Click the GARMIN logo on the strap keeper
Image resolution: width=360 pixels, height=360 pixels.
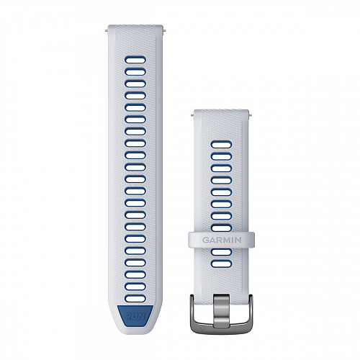(222, 240)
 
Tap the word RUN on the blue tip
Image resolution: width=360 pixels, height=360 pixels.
(135, 316)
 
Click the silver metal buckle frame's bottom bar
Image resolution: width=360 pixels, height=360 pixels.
(221, 330)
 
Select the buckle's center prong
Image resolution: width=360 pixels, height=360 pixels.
(222, 311)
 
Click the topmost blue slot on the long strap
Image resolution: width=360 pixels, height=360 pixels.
(135, 60)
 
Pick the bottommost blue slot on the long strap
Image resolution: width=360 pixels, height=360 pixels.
(135, 299)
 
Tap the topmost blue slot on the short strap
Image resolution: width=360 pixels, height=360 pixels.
(222, 145)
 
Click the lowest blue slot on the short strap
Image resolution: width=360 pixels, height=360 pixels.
(222, 264)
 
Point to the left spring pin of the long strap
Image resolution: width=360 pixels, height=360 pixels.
(107, 30)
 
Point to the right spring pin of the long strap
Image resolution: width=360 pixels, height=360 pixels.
(164, 30)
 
